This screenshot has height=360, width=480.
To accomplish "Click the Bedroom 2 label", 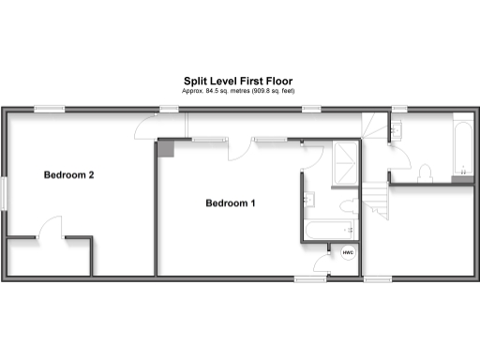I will (69, 174).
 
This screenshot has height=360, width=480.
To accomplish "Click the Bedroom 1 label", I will (230, 202).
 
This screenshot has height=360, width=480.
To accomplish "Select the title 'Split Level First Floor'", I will (239, 82).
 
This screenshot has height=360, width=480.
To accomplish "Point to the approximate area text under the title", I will (239, 91).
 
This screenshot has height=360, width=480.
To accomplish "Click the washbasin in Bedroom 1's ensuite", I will (308, 199).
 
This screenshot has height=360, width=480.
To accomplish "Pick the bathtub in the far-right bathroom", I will (462, 148).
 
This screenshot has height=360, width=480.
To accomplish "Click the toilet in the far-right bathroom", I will (426, 172).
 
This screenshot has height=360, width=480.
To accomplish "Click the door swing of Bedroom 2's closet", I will (51, 228).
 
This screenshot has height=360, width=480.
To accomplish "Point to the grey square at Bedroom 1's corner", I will (165, 146).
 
